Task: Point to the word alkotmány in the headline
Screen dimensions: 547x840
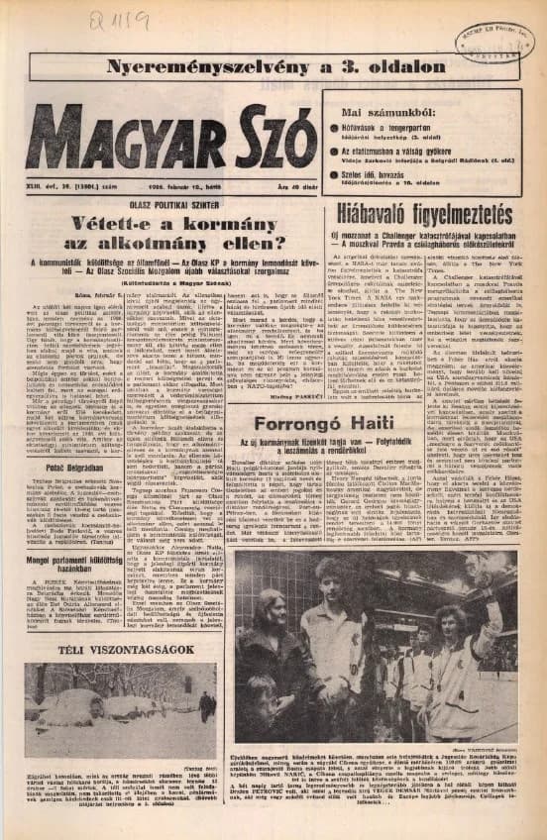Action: [177, 243]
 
